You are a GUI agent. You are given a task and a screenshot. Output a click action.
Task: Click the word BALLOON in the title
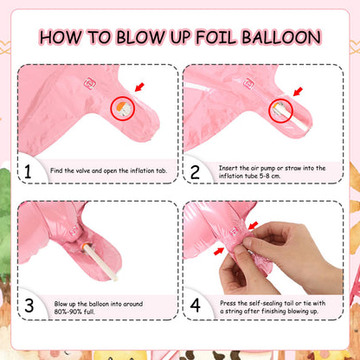click(281, 37)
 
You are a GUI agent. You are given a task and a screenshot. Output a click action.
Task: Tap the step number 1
click(28, 172)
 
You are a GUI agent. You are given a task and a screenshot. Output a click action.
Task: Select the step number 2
click(195, 172)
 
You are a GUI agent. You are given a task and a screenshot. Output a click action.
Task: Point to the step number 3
click(29, 305)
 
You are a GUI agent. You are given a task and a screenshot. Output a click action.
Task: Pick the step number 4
click(196, 305)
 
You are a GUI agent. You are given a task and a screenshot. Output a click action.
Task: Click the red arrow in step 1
click(139, 87)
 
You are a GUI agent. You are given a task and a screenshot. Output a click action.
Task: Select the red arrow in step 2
click(298, 92)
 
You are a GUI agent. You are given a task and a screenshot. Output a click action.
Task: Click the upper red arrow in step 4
click(253, 226)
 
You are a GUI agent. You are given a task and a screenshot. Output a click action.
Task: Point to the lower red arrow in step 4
click(219, 252)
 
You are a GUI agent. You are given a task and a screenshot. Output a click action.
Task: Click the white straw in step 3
click(100, 262)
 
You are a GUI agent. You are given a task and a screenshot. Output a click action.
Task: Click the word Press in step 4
click(228, 303)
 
